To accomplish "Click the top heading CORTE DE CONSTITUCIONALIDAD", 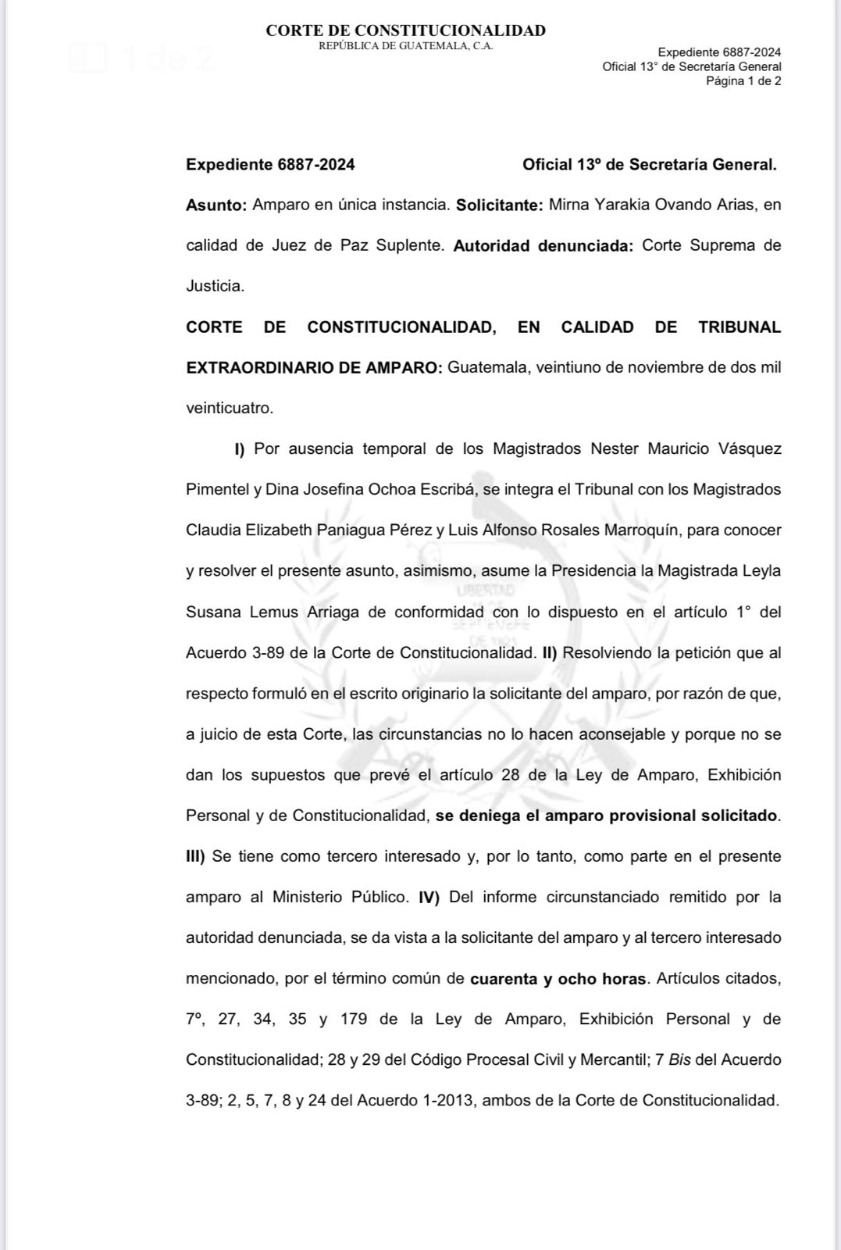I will (x=405, y=30).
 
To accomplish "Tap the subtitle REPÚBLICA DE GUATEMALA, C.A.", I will (x=405, y=45).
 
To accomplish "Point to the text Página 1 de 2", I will (x=743, y=80).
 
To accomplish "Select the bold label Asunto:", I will (x=216, y=205).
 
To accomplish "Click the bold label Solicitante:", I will (x=499, y=205).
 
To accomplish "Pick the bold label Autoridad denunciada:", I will (x=543, y=246).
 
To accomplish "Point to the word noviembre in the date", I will (x=651, y=368).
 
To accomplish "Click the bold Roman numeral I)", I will (x=240, y=449).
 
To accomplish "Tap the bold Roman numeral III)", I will (x=194, y=857).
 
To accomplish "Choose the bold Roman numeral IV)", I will (x=429, y=898).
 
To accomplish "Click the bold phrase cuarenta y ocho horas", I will (x=558, y=979).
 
